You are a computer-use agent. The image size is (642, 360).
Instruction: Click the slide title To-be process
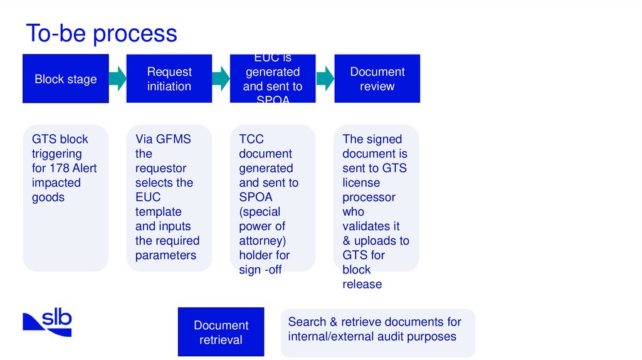pyautogui.click(x=101, y=33)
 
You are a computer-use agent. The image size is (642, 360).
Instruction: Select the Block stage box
pyautogui.click(x=66, y=79)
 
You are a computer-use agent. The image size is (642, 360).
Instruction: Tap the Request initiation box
pyautogui.click(x=169, y=79)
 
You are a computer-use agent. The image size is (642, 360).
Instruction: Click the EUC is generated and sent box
pyautogui.click(x=273, y=79)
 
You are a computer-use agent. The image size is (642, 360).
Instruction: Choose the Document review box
pyautogui.click(x=377, y=79)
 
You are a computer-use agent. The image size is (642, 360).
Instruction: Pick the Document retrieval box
pyautogui.click(x=221, y=332)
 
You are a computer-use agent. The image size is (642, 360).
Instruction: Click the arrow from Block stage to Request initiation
pyautogui.click(x=117, y=79)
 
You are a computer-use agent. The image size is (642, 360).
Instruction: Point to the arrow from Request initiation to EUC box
pyautogui.click(x=221, y=79)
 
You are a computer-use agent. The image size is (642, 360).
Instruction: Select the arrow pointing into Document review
pyautogui.click(x=325, y=79)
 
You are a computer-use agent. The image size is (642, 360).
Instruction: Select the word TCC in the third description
pyautogui.click(x=251, y=139)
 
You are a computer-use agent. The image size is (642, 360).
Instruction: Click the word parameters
pyautogui.click(x=166, y=255)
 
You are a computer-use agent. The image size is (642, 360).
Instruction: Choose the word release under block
pyautogui.click(x=362, y=284)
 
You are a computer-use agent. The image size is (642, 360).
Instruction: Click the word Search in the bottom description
pyautogui.click(x=307, y=322)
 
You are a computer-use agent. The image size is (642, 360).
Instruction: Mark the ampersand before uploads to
pyautogui.click(x=347, y=241)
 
